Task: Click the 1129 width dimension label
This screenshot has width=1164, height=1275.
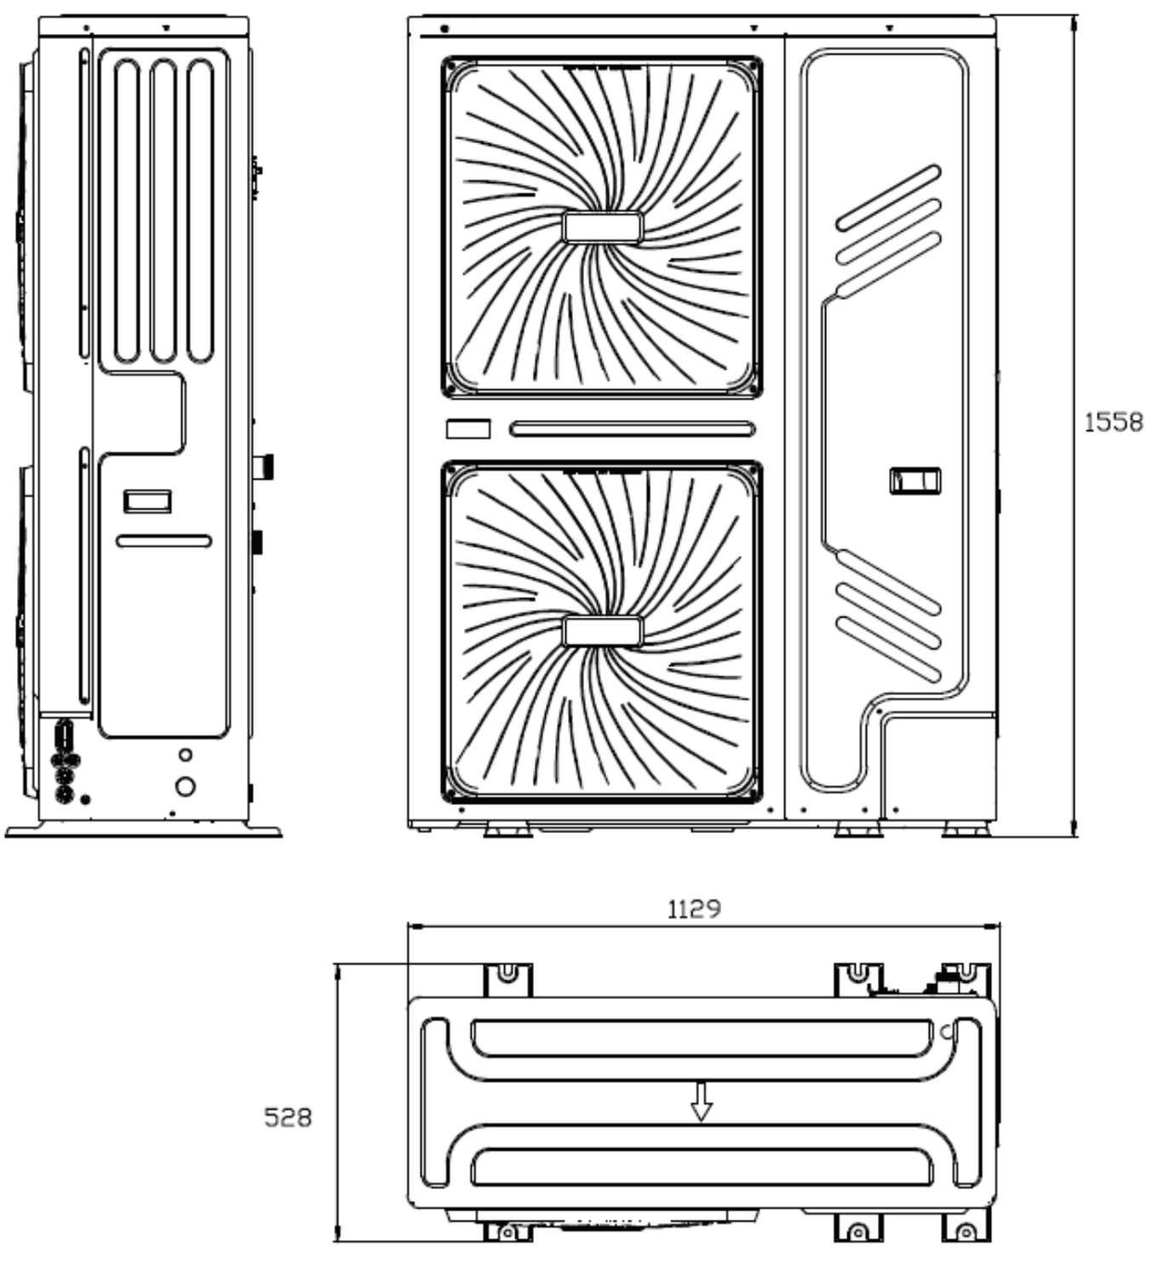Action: (x=694, y=909)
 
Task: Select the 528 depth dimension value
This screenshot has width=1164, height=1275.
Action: (x=288, y=1117)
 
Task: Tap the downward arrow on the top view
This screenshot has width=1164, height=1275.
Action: (x=701, y=1100)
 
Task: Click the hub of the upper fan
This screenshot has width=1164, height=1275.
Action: (x=602, y=227)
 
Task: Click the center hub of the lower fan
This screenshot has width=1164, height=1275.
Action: (x=602, y=631)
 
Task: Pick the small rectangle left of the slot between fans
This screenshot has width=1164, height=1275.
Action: (x=468, y=428)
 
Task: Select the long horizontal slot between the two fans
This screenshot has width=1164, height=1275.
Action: (x=632, y=429)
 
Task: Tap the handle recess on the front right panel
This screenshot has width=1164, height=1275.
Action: (x=915, y=481)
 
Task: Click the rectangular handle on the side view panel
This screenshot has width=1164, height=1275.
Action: (x=147, y=501)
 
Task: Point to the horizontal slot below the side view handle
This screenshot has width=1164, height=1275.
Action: (x=163, y=541)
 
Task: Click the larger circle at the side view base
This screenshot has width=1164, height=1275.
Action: (x=185, y=786)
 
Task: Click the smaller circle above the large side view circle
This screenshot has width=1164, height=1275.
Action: (x=186, y=755)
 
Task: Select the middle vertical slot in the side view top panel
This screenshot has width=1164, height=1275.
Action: (x=163, y=211)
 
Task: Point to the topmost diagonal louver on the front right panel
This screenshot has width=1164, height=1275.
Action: (x=888, y=198)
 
